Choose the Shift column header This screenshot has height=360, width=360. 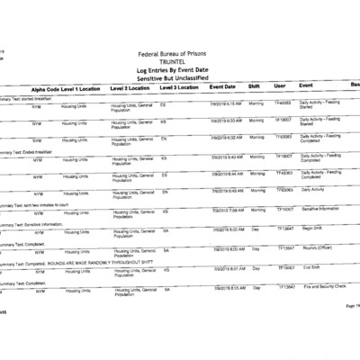click(255, 87)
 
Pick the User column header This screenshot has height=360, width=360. click(280, 87)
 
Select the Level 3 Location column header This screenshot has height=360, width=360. click(179, 88)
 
